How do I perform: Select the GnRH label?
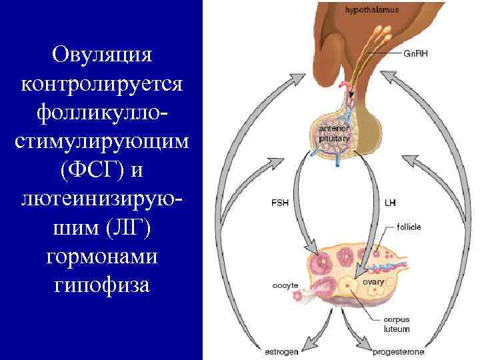point(417,54)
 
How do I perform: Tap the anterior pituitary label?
point(331,133)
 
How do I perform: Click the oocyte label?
point(285,285)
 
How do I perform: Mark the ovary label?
point(373,282)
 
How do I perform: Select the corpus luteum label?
point(397,325)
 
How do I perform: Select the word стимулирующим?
point(101,143)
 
